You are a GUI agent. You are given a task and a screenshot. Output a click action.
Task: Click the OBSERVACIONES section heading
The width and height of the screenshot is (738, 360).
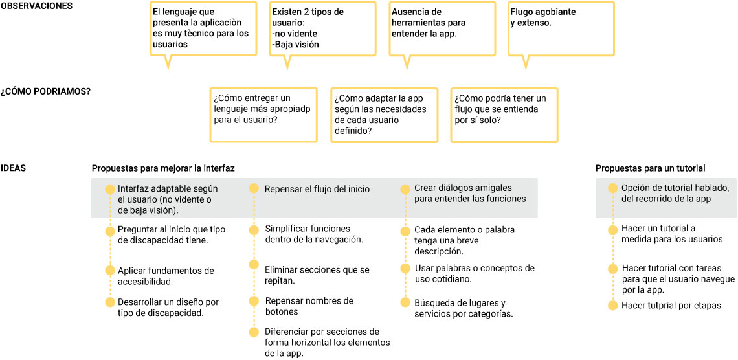point(37,6)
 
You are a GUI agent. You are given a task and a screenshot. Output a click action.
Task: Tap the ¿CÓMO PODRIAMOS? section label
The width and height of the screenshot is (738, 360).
point(46,91)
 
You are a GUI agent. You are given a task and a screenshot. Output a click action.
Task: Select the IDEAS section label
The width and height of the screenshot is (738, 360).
point(13,168)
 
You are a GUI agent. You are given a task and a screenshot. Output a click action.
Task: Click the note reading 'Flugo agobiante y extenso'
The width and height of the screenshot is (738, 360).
point(561,29)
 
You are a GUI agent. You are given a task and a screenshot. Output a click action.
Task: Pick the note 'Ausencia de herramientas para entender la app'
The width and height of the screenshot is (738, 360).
point(442,29)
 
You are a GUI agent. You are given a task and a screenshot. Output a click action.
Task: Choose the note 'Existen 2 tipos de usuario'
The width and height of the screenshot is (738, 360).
point(323,29)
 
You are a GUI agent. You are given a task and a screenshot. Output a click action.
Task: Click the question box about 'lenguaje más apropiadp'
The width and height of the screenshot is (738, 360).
point(263,115)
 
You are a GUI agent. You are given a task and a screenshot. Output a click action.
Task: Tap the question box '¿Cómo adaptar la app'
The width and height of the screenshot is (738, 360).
point(384,115)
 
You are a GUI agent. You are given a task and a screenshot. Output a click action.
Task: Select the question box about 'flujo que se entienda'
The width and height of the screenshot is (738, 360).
point(504,115)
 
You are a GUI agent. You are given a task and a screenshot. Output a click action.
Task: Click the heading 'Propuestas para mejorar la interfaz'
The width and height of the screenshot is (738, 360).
point(163,168)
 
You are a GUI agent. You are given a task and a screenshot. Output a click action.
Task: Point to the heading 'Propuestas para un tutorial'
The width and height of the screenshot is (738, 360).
point(650,168)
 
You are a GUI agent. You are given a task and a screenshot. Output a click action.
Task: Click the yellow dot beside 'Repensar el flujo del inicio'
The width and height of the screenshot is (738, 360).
point(254,188)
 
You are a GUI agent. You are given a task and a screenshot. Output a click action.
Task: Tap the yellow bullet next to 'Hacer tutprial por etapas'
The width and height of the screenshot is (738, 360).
point(612,306)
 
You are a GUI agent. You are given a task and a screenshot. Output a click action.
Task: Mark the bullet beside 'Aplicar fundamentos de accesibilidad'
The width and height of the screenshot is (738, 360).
point(110,270)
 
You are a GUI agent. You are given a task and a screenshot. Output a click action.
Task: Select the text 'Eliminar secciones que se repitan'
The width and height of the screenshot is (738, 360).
point(317,276)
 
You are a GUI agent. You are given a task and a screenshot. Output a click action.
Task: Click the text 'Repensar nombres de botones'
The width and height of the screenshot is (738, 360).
point(309,306)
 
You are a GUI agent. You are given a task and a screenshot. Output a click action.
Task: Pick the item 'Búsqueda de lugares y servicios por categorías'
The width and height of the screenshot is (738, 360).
point(463,308)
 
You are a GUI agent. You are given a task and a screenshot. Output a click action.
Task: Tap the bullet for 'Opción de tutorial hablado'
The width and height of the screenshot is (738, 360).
point(612,188)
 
